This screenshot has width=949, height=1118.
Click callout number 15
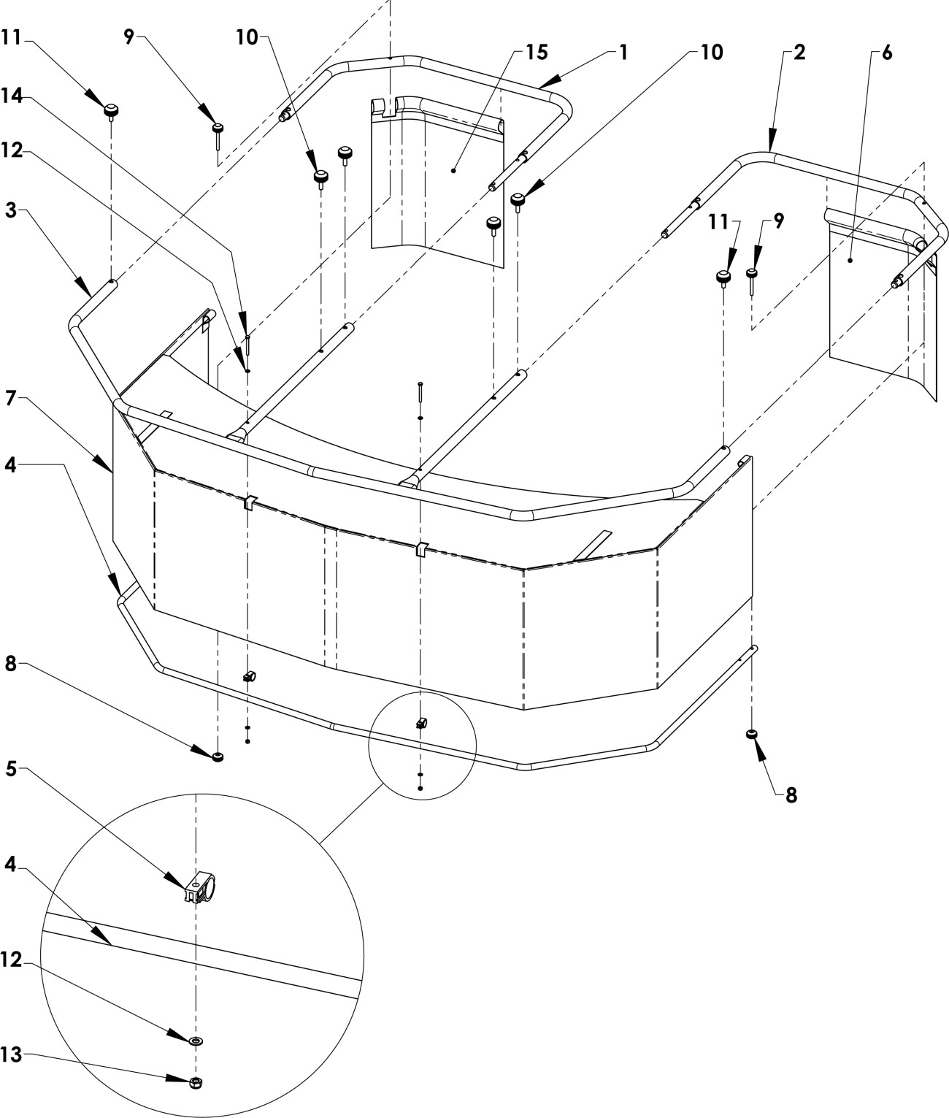click(537, 53)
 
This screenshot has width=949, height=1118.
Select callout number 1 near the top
click(623, 53)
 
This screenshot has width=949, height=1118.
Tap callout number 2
click(799, 53)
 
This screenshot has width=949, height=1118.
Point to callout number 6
click(887, 53)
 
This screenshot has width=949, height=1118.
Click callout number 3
click(12, 210)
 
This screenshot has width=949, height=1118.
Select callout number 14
click(12, 96)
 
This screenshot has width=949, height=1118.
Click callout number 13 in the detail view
click(12, 1054)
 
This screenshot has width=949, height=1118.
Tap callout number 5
click(12, 769)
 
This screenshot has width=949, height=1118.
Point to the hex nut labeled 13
click(196, 1083)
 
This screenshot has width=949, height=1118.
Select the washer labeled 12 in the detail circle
click(196, 1041)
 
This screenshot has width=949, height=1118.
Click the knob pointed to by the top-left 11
click(112, 111)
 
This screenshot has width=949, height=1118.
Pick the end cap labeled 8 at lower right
click(751, 734)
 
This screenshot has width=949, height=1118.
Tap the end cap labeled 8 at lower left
click(218, 756)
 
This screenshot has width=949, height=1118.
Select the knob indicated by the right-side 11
click(723, 277)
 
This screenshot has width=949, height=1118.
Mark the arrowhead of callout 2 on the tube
click(771, 150)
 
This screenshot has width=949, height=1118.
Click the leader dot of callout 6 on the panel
click(850, 261)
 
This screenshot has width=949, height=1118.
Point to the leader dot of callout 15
click(453, 170)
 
